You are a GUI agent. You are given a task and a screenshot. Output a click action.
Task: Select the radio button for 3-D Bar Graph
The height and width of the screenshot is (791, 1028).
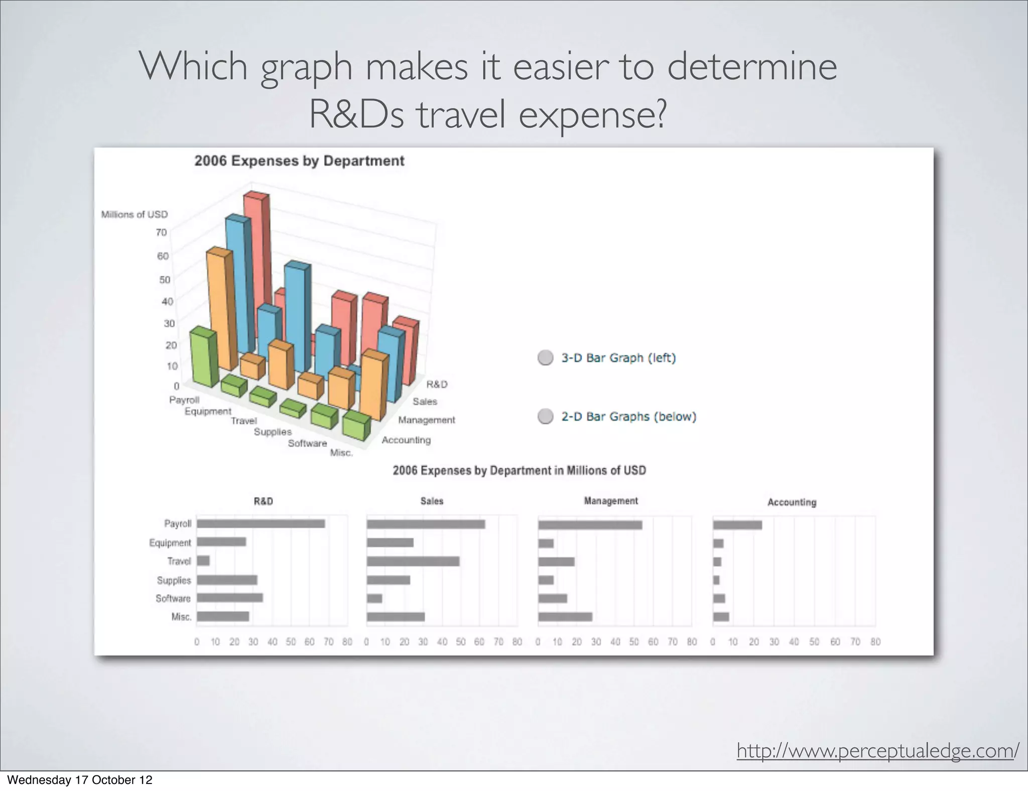coord(545,358)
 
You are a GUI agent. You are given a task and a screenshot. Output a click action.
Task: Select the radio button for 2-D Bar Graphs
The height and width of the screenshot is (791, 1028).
coord(545,417)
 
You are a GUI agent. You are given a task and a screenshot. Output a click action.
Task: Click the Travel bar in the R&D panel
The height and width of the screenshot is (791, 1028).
coord(203,561)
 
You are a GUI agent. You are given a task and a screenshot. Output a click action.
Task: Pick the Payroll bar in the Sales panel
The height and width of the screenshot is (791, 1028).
coord(426,524)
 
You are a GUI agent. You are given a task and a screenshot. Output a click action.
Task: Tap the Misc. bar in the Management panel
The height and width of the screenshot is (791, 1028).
coord(565,617)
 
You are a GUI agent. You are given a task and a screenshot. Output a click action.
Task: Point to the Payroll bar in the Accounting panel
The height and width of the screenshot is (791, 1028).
coord(737,525)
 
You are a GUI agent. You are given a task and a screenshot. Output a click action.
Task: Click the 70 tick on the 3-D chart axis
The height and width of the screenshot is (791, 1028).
coord(161,232)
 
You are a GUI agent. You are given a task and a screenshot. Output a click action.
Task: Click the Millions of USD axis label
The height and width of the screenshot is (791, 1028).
coord(135,214)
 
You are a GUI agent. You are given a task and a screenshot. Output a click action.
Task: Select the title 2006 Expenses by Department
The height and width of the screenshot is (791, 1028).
coord(299,161)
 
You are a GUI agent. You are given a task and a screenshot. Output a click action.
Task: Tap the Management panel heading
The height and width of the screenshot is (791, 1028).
coord(610,501)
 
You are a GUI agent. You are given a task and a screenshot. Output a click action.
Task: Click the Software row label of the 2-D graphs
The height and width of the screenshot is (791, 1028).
coord(173,598)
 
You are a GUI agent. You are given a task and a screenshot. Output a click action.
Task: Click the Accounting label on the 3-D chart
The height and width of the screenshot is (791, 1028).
coord(406,440)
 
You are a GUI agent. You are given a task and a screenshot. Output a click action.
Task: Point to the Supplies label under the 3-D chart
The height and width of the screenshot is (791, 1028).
coord(273,432)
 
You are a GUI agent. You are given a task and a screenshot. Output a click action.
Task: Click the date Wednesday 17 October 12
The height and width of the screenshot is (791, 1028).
coord(79,780)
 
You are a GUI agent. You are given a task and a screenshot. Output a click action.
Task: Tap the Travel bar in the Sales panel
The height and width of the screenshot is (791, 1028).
coord(413,562)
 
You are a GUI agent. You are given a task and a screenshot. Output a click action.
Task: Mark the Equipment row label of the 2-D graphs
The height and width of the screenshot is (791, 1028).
coord(170,543)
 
